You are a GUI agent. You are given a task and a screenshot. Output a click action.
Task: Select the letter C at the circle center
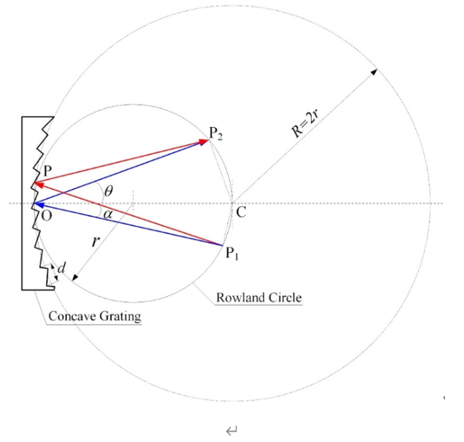click(x=241, y=213)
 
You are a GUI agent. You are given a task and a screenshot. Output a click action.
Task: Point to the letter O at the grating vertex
click(x=46, y=216)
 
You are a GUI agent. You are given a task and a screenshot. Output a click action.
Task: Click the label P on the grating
click(x=47, y=170)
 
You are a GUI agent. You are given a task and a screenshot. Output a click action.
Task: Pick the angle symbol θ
click(x=109, y=190)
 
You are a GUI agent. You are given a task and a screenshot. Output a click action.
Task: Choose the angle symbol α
click(x=108, y=214)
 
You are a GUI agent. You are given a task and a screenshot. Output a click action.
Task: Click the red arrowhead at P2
click(x=203, y=141)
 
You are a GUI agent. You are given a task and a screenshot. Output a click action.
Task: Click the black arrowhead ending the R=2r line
click(x=375, y=71)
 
